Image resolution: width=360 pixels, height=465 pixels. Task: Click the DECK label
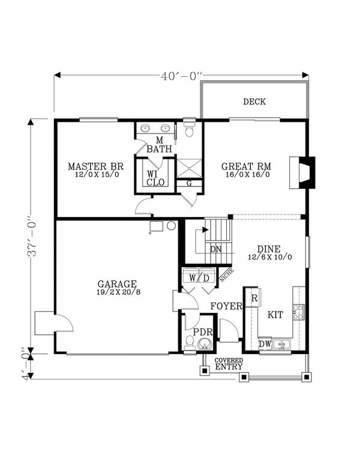[x=254, y=102]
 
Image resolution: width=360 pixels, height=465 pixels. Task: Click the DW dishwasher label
[x=265, y=344]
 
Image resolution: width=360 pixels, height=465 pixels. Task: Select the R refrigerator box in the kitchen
[x=254, y=297]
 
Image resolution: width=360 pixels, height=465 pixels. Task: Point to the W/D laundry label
[x=199, y=278]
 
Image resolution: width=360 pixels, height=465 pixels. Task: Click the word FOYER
[x=226, y=306]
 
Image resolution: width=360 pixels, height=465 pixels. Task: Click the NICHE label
[x=227, y=274]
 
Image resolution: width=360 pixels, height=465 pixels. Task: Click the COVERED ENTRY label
[x=229, y=363]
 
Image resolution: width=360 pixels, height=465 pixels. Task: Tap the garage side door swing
[x=56, y=324]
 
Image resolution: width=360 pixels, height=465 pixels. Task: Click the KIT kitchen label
[x=275, y=314]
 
